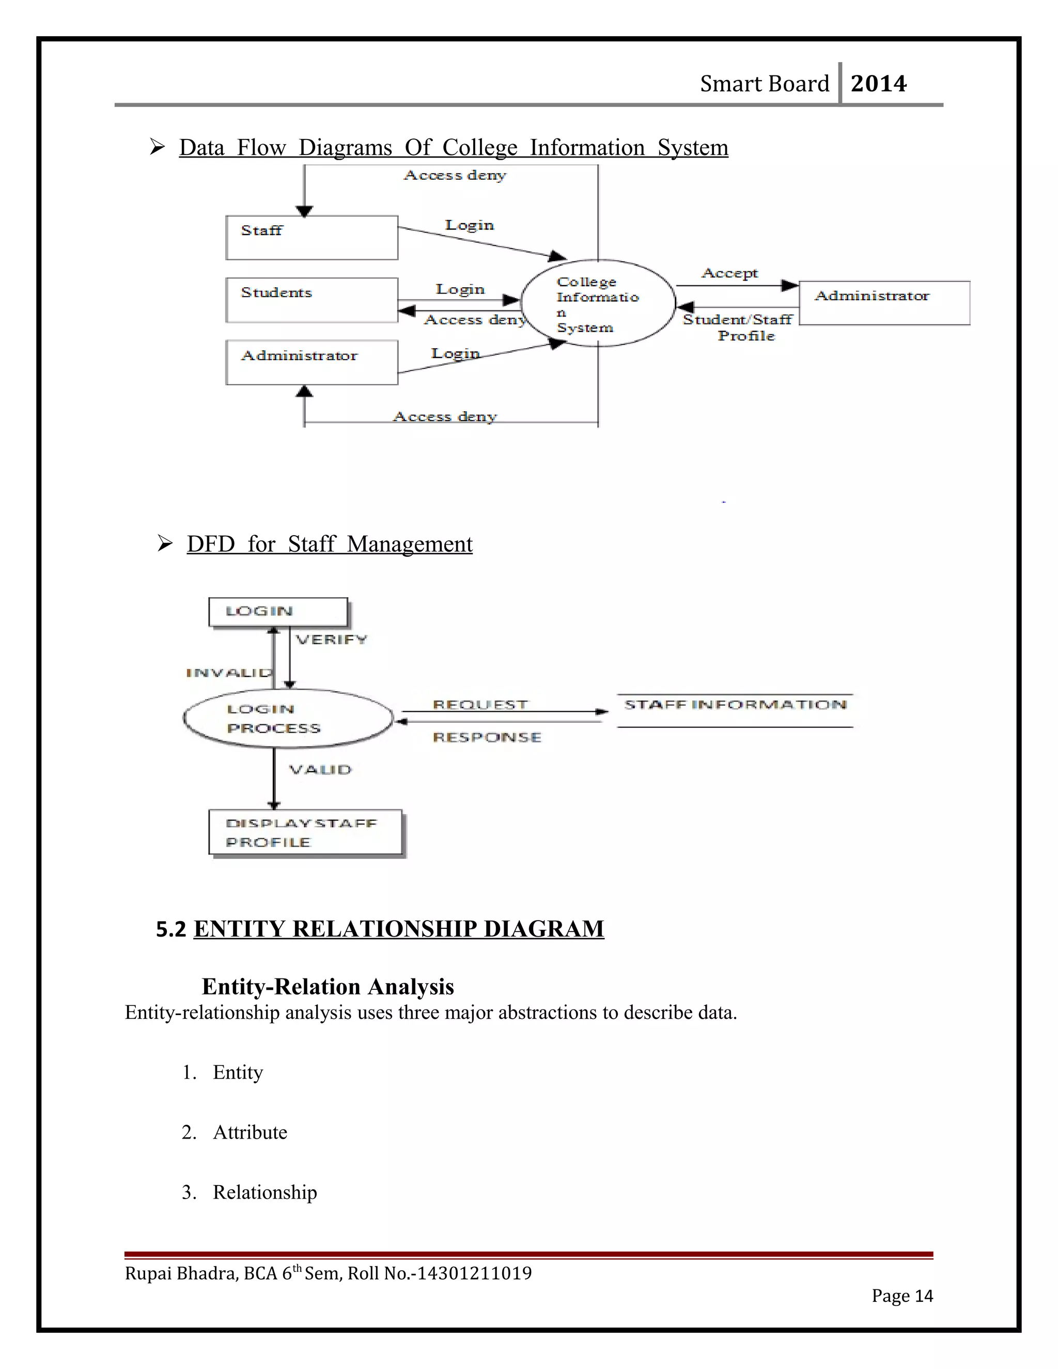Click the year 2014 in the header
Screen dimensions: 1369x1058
878,83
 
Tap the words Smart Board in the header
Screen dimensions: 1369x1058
764,83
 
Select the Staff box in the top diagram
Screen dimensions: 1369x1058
312,238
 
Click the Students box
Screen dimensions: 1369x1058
312,300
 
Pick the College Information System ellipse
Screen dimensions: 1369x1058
597,303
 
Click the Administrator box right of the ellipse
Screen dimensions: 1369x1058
884,303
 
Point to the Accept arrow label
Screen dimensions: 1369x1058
729,273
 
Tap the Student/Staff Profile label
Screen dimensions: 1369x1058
738,327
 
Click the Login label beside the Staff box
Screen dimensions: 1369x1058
470,225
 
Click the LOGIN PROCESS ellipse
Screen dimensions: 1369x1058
288,719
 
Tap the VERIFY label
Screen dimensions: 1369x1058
332,640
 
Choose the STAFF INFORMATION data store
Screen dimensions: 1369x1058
735,710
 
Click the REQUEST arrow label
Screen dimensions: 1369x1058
480,705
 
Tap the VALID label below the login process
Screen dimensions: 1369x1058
320,769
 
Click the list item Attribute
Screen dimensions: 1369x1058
250,1132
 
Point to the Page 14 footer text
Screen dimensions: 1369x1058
901,1296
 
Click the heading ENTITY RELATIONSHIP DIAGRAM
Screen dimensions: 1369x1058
399,928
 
